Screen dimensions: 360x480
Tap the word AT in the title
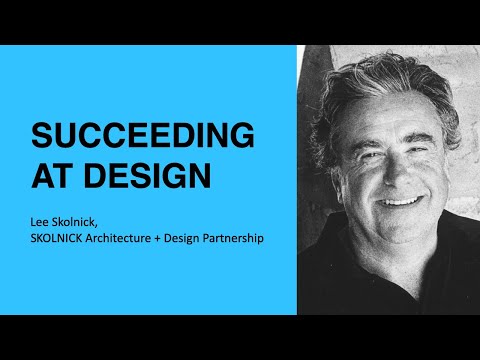[x=52, y=175]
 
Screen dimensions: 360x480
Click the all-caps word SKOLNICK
[x=65, y=239]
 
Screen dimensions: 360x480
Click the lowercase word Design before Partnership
[x=210, y=239]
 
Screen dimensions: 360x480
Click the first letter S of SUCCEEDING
[x=41, y=136]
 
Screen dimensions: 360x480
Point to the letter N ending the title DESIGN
[x=199, y=175]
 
